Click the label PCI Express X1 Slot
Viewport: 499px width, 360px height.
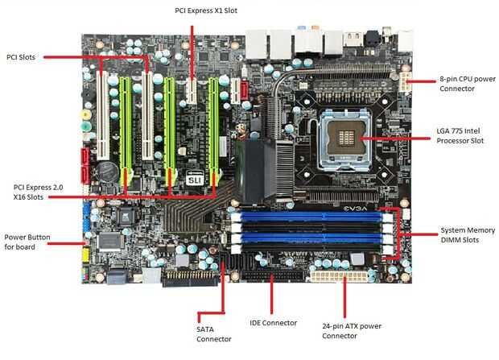[206, 10]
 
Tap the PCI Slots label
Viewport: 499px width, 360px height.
[21, 57]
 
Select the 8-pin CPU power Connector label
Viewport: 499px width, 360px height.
[468, 84]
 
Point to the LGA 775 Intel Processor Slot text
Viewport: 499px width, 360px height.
[460, 136]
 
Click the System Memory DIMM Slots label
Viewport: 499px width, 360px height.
[468, 235]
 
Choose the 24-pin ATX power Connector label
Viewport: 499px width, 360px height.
[352, 331]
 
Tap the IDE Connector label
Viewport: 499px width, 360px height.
[273, 323]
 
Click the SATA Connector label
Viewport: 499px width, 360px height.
[214, 334]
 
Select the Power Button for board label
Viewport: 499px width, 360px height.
[27, 242]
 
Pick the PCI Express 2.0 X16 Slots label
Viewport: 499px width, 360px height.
[38, 192]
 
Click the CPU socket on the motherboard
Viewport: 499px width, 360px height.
[345, 139]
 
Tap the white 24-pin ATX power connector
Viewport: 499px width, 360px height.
[339, 276]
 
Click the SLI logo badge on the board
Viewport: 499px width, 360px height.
[195, 179]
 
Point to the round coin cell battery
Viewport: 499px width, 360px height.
[107, 172]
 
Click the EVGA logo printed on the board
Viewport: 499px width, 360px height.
[355, 209]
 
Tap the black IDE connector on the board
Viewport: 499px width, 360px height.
[273, 275]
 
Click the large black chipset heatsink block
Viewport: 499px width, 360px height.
[254, 171]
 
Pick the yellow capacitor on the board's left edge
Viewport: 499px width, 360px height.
[85, 114]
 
